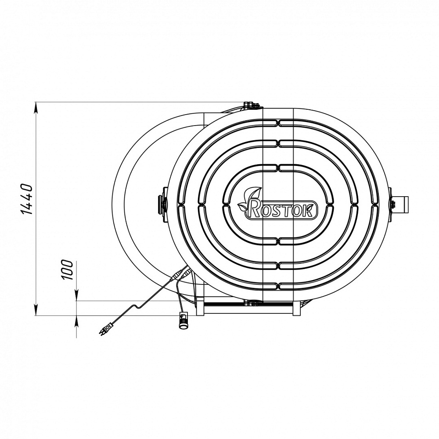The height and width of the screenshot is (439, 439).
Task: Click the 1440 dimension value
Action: tap(27, 199)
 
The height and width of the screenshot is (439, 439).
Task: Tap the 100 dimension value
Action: tap(67, 270)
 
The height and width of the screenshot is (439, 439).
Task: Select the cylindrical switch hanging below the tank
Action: tap(184, 320)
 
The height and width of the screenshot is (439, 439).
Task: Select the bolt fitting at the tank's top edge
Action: tap(252, 105)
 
